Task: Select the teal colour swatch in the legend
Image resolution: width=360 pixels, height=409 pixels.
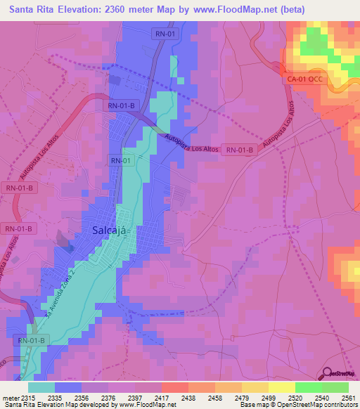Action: [41, 387]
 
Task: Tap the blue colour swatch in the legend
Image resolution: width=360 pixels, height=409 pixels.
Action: [68, 387]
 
